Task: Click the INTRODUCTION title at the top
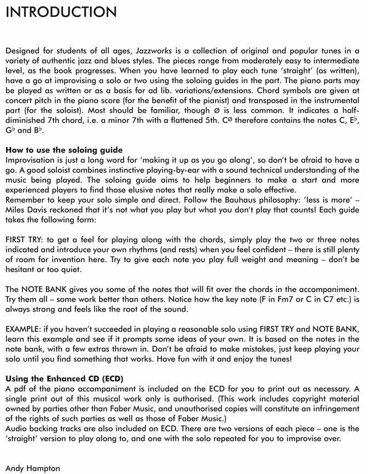click(x=61, y=12)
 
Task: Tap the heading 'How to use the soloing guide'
click(x=64, y=150)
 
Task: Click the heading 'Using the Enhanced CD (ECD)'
click(x=65, y=379)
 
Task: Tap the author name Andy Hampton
click(x=33, y=468)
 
